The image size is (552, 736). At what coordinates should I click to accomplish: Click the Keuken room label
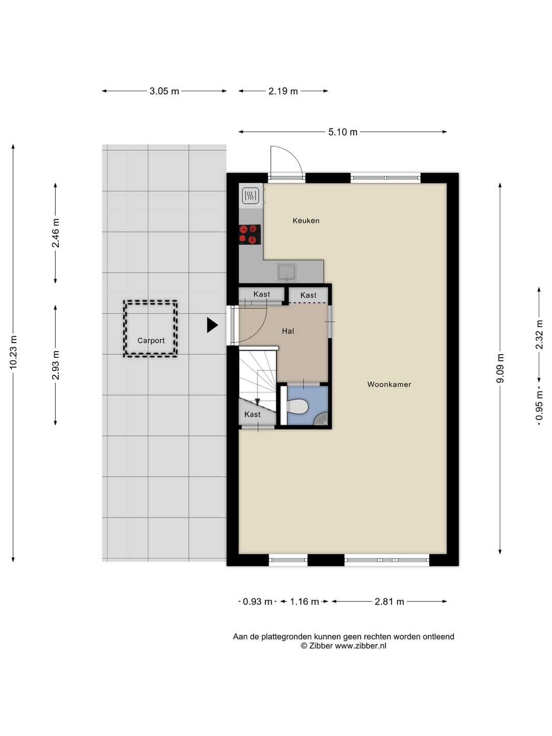pyautogui.click(x=306, y=221)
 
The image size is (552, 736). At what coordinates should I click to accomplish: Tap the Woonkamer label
pyautogui.click(x=389, y=384)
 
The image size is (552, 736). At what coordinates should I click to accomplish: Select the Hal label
pyautogui.click(x=288, y=331)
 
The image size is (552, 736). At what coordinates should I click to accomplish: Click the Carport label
pyautogui.click(x=151, y=341)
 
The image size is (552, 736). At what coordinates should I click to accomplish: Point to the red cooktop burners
pyautogui.click(x=250, y=235)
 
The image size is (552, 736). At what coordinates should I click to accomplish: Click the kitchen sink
pyautogui.click(x=287, y=272)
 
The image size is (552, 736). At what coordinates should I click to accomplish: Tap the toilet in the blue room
pyautogui.click(x=297, y=407)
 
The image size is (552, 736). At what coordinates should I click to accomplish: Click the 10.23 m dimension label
pyautogui.click(x=13, y=352)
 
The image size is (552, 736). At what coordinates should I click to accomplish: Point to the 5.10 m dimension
pyautogui.click(x=342, y=132)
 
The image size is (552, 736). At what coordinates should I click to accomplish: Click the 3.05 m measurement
pyautogui.click(x=164, y=91)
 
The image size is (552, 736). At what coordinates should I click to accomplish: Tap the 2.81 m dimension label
pyautogui.click(x=389, y=602)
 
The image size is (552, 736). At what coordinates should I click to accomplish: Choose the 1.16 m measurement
pyautogui.click(x=304, y=602)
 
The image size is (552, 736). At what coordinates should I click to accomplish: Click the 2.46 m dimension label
pyautogui.click(x=56, y=233)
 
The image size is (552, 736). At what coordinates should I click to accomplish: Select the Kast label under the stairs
pyautogui.click(x=252, y=415)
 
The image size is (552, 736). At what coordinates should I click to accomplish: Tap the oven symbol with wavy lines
pyautogui.click(x=250, y=195)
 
